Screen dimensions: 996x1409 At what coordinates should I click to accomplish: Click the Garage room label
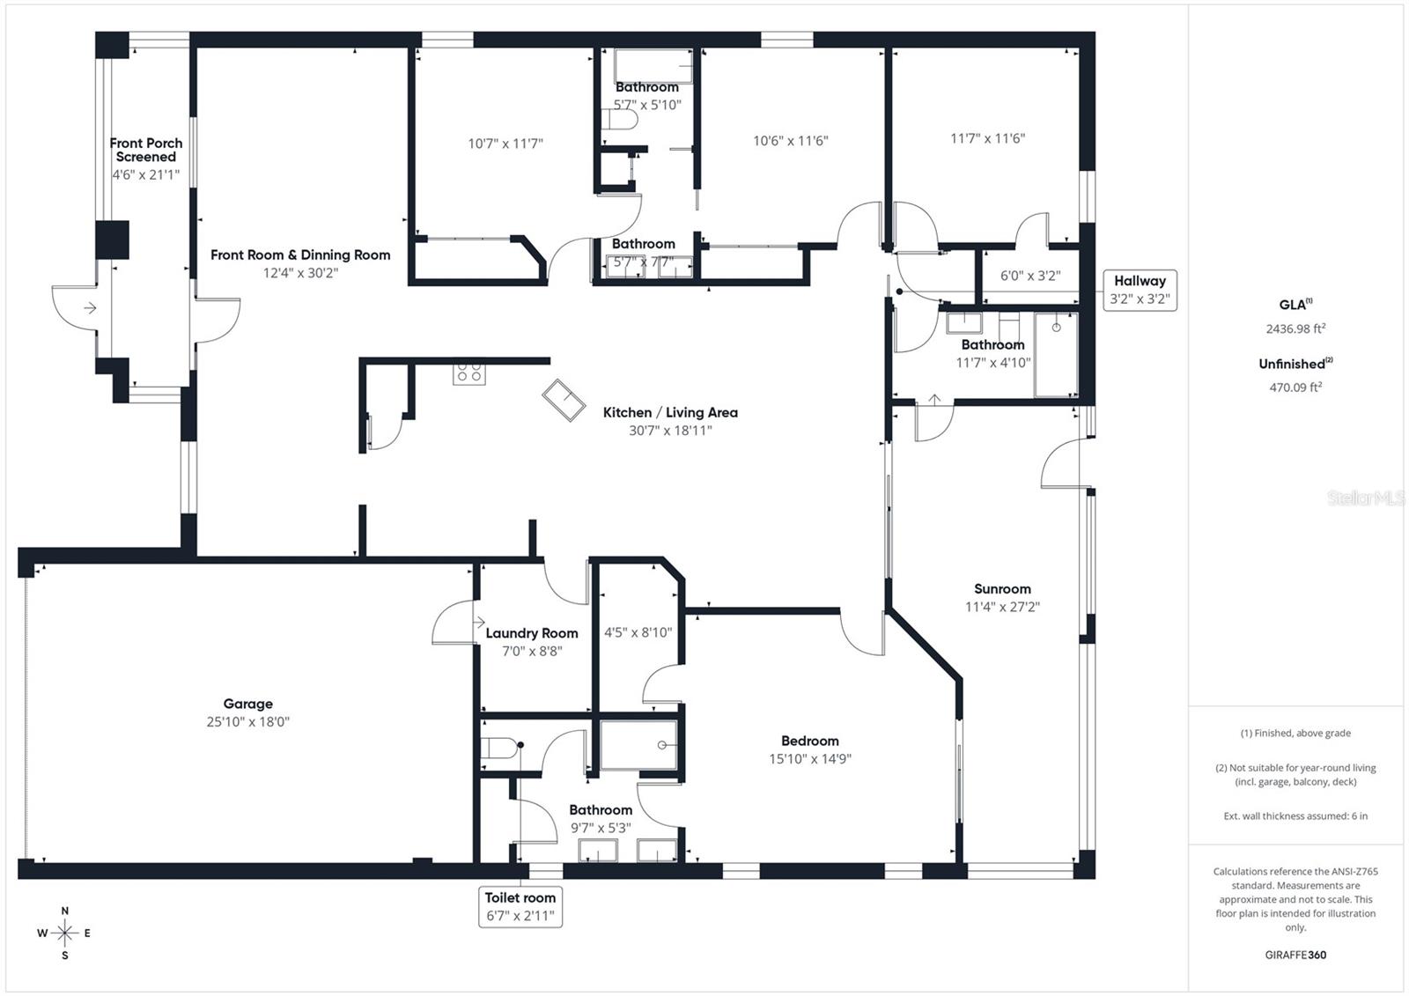(247, 704)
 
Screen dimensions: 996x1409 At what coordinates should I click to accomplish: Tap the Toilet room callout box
(520, 906)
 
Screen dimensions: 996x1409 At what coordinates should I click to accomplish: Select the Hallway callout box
(1140, 290)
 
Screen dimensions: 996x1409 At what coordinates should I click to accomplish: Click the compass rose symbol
(65, 933)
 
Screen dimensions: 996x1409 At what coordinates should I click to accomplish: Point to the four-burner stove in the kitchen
(468, 373)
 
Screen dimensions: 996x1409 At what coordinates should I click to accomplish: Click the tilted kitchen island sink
(564, 401)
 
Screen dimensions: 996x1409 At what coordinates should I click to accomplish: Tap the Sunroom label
(1002, 589)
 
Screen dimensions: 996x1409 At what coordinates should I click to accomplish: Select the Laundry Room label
(532, 633)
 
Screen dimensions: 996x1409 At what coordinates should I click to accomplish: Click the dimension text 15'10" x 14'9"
(810, 758)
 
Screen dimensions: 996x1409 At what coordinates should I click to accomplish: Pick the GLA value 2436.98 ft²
(1295, 328)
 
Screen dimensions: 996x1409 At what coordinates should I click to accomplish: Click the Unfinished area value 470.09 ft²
(1295, 387)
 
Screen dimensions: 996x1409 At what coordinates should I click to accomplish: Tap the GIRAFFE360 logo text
(1295, 955)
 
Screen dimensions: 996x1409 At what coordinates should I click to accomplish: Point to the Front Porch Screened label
(146, 150)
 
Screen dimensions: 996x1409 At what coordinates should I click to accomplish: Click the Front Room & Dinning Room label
(300, 255)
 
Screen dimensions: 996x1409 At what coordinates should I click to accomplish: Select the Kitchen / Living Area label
(670, 412)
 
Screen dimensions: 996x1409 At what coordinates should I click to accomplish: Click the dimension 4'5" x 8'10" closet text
(638, 632)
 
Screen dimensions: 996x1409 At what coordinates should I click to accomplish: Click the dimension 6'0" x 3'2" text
(1030, 276)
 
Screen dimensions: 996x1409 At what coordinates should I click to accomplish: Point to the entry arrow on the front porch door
(90, 307)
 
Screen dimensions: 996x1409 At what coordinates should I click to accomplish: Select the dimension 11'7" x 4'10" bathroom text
(993, 362)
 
